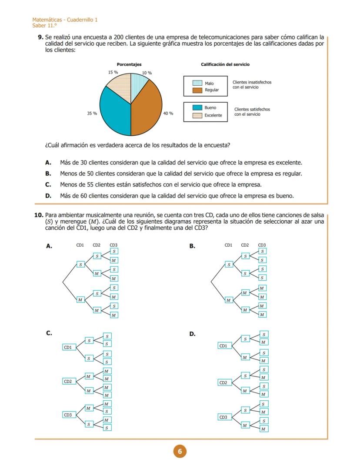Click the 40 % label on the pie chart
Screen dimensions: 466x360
point(168,113)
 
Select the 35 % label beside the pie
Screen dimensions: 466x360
point(92,113)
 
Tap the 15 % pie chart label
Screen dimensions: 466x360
point(113,72)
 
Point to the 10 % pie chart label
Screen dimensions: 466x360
point(147,73)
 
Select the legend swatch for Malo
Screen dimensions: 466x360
point(197,83)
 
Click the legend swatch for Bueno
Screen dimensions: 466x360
point(197,107)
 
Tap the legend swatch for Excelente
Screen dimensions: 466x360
point(197,115)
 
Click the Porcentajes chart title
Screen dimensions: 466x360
point(129,64)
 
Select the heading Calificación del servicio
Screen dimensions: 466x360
point(225,64)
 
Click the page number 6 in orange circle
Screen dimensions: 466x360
point(180,451)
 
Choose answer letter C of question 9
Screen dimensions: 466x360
point(48,184)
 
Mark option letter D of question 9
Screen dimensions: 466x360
point(48,196)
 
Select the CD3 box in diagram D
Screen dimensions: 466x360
point(223,417)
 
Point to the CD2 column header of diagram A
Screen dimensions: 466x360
point(97,245)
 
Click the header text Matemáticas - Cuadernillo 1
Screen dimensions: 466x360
point(65,20)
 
